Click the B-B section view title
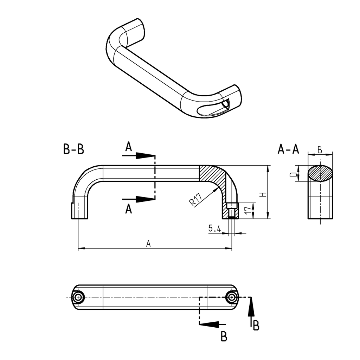(x=73, y=149)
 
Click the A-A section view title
(x=288, y=149)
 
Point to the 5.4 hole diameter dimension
(x=214, y=229)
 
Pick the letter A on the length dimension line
(x=148, y=244)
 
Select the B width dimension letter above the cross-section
(x=320, y=150)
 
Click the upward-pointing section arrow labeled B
(x=251, y=309)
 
